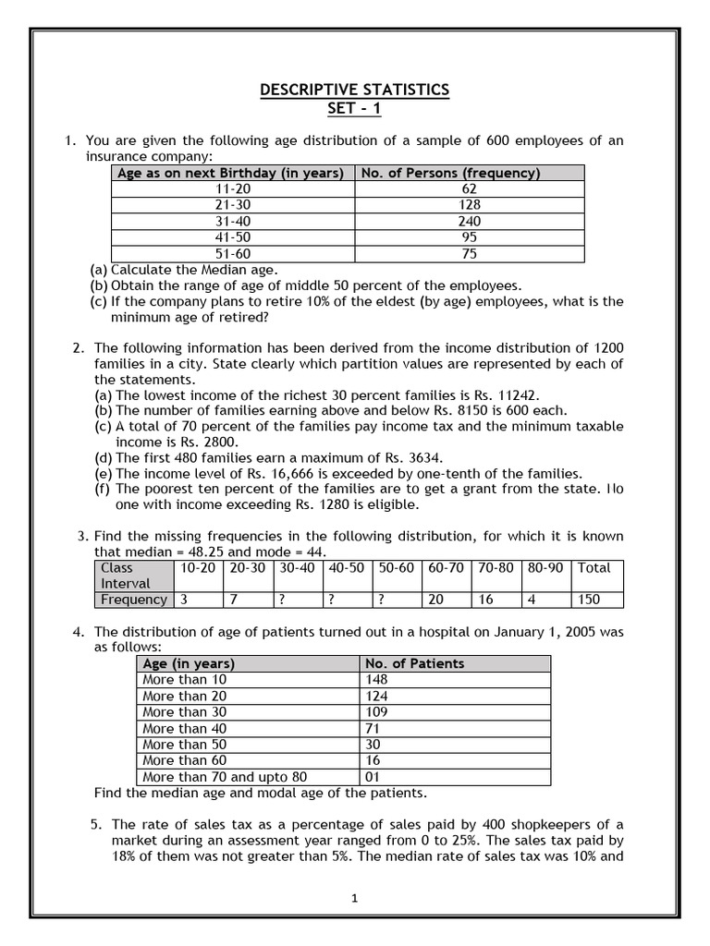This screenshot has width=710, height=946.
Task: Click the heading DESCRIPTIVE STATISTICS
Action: pyautogui.click(x=354, y=90)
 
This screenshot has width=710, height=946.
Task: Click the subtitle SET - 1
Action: pyautogui.click(x=354, y=109)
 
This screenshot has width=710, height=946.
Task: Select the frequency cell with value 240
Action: pyautogui.click(x=469, y=222)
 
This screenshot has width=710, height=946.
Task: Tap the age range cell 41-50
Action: pyautogui.click(x=232, y=237)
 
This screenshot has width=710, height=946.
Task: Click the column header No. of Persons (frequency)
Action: pyautogui.click(x=451, y=173)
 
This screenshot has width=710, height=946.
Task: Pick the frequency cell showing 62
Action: pyautogui.click(x=469, y=189)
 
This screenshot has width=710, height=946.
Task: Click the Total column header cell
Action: pyautogui.click(x=594, y=568)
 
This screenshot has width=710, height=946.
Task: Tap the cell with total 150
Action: pyautogui.click(x=589, y=600)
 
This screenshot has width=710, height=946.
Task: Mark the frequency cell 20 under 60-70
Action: pyautogui.click(x=435, y=600)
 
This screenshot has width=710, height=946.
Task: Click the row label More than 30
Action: pyautogui.click(x=185, y=712)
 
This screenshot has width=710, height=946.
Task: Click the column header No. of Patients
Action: pyautogui.click(x=415, y=663)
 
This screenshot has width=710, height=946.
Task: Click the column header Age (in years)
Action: pyautogui.click(x=189, y=663)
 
